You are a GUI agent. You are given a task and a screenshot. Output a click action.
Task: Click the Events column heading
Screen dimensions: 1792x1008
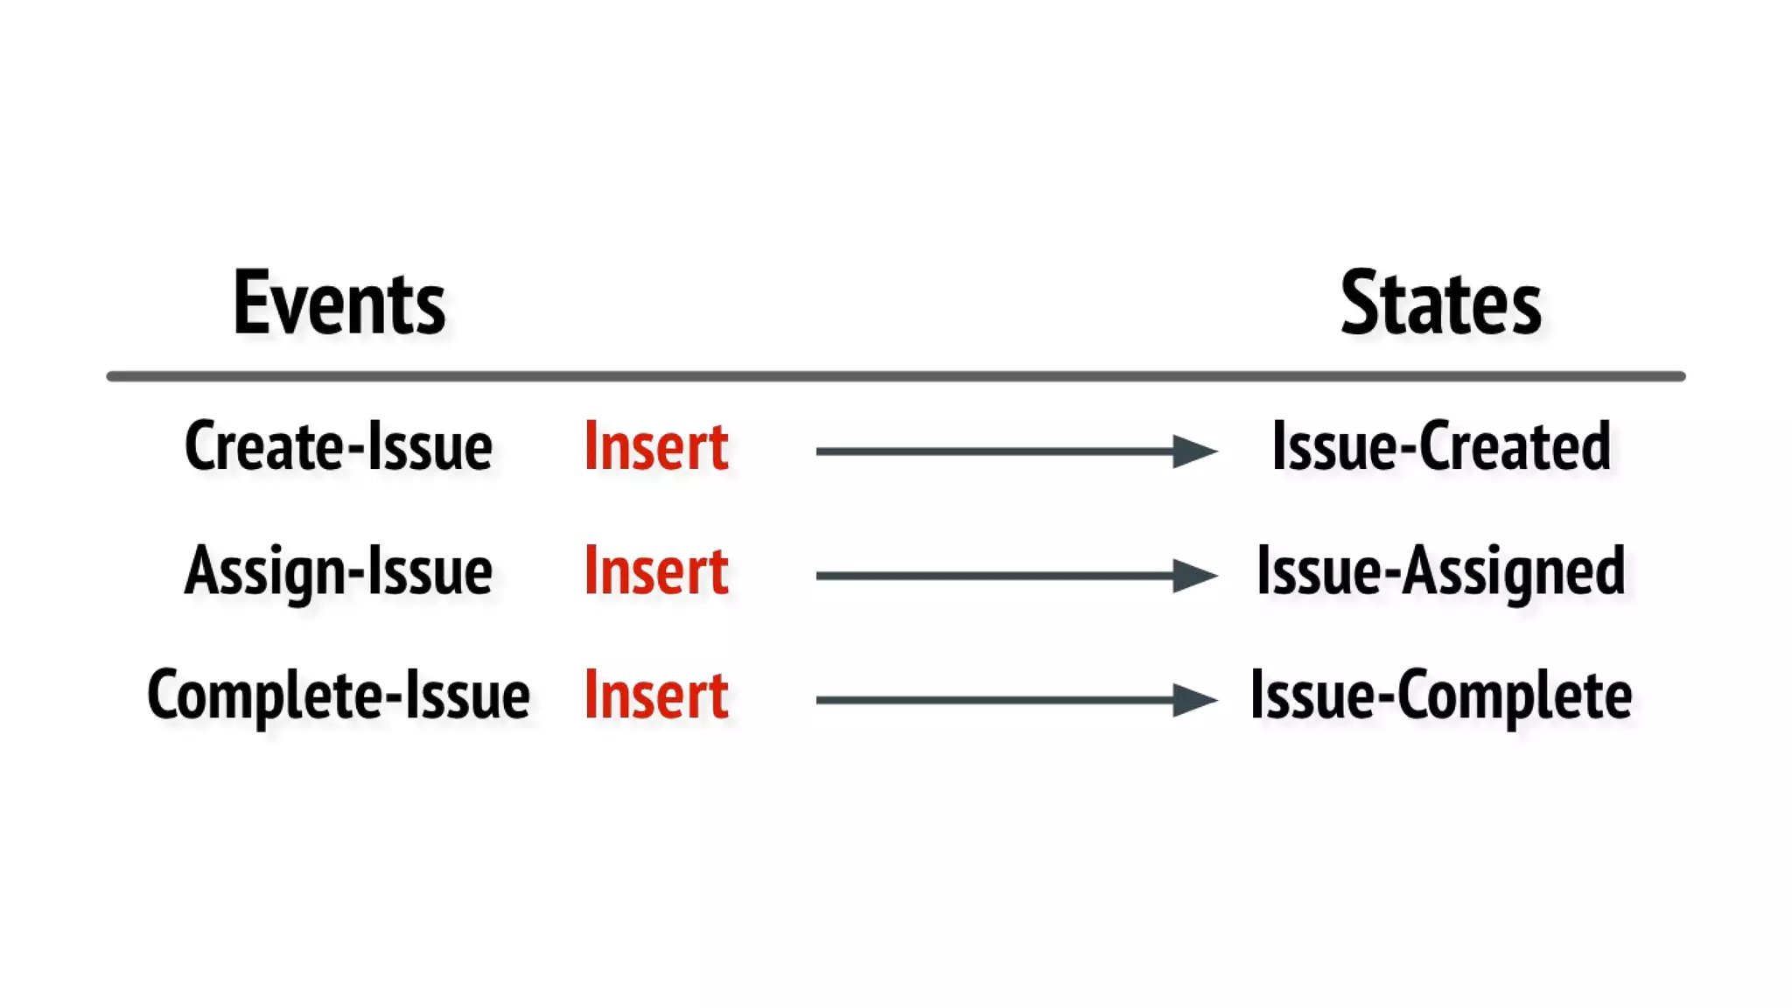coord(339,303)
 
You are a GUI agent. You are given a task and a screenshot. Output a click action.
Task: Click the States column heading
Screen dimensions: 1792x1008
coord(1440,303)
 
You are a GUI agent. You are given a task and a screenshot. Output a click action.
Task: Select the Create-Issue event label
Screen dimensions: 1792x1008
coord(338,446)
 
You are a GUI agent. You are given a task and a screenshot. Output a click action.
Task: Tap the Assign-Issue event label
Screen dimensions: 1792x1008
coord(338,571)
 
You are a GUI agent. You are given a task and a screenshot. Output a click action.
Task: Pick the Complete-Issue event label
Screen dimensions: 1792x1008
coord(338,696)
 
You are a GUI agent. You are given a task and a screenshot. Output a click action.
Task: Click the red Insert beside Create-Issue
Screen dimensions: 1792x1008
coord(655,446)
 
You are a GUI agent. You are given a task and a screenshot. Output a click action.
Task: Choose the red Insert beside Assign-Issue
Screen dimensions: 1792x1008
coord(655,571)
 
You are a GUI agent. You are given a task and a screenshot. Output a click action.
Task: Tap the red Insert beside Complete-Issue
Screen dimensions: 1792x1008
coord(655,696)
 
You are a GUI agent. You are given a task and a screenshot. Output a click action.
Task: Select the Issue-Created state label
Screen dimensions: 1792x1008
coord(1440,446)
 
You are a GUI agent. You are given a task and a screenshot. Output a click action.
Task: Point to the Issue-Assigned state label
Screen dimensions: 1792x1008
coord(1440,571)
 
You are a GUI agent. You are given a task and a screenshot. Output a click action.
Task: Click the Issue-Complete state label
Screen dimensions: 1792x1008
coord(1440,696)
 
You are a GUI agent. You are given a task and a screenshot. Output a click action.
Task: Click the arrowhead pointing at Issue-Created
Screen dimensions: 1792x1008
coord(1193,451)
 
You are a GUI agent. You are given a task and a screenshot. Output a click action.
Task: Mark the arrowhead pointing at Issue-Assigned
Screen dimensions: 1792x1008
coord(1193,576)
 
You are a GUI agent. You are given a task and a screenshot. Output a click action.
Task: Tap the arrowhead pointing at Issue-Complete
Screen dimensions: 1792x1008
coord(1193,700)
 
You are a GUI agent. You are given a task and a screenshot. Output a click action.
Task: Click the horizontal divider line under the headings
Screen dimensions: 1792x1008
coord(896,376)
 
